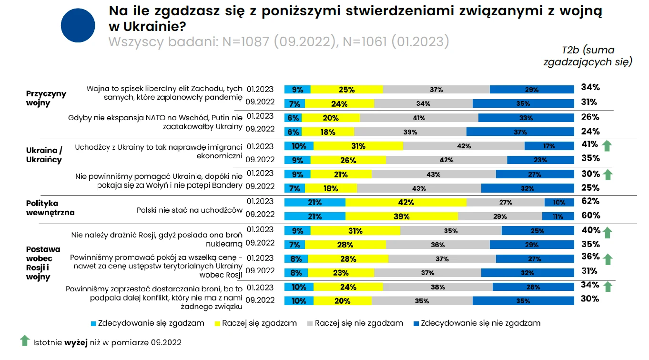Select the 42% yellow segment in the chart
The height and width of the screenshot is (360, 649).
[x=406, y=202]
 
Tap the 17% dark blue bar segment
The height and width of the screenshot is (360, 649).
[x=549, y=146]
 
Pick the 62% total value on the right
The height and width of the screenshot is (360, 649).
[x=589, y=201]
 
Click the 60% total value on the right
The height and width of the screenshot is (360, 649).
[x=589, y=216]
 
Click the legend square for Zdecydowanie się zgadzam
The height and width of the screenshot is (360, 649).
[x=93, y=323]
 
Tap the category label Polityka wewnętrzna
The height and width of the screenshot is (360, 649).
[x=50, y=208]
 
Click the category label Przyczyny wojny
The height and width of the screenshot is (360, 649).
[x=46, y=98]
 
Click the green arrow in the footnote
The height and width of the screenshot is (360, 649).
[x=25, y=340]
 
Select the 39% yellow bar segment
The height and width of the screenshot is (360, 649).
[x=402, y=216]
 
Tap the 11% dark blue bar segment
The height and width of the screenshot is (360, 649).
[x=558, y=216]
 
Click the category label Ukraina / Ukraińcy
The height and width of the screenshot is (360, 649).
[x=44, y=154]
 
